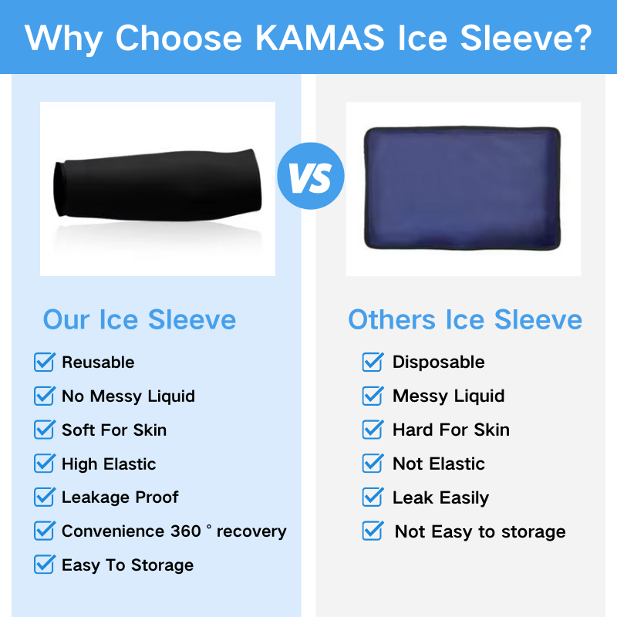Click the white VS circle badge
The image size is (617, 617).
[x=311, y=176]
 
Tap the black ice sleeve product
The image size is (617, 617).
[x=157, y=185]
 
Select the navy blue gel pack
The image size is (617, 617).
[x=462, y=188]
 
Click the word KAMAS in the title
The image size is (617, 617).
[x=320, y=38]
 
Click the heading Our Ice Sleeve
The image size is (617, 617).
[x=140, y=319]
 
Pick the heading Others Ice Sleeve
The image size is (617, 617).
[x=465, y=319]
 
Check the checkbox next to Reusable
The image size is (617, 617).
[x=45, y=362]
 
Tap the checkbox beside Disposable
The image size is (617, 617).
[x=373, y=362]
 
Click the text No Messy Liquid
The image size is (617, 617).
[x=128, y=396]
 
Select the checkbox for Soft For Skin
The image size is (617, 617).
[x=45, y=430]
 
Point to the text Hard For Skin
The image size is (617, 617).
[x=451, y=430]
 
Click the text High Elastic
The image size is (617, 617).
[x=109, y=464]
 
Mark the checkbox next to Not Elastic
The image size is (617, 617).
[x=373, y=464]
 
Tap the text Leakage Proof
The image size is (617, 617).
[x=120, y=497]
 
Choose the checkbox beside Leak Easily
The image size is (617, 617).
[x=373, y=497]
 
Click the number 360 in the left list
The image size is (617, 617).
[x=186, y=531]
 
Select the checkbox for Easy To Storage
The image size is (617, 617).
[x=45, y=565]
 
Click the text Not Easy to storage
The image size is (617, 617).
[x=480, y=531]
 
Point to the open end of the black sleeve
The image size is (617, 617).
[x=59, y=189]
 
